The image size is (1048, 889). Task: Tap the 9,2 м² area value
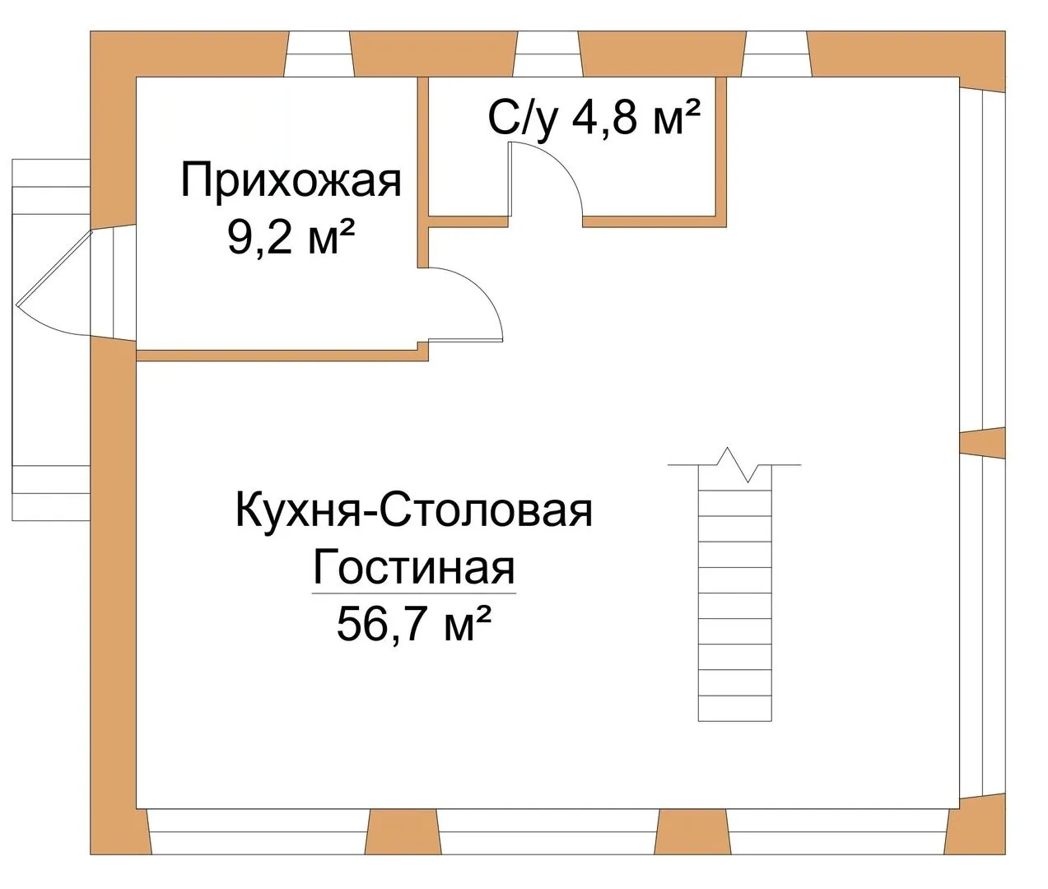click(x=291, y=237)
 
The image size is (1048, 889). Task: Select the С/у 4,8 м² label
click(x=594, y=119)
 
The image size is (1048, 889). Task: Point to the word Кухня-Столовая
click(x=414, y=511)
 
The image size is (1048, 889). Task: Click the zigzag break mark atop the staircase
click(x=734, y=464)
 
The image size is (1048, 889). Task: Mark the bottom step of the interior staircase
click(x=734, y=709)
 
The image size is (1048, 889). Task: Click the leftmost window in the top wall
click(x=319, y=54)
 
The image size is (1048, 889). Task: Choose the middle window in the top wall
click(x=548, y=54)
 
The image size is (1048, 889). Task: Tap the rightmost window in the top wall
click(x=776, y=54)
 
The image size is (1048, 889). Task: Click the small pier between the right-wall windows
click(x=982, y=443)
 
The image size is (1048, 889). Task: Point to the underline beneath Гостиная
click(x=414, y=593)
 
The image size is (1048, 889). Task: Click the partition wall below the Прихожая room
click(x=282, y=355)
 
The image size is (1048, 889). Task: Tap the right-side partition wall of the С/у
click(x=721, y=151)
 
